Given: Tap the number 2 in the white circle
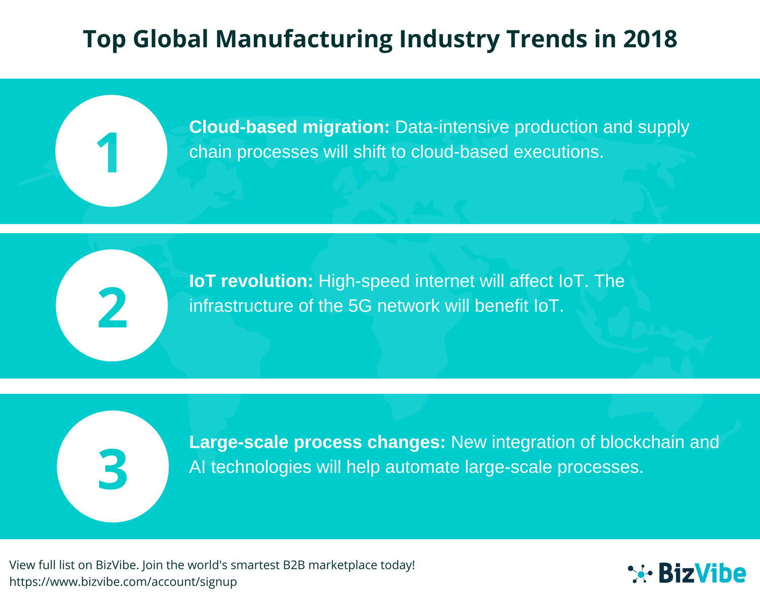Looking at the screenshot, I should click(x=112, y=308).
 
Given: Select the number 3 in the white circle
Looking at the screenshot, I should click(x=112, y=469).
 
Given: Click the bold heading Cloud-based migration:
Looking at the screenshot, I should click(x=289, y=127).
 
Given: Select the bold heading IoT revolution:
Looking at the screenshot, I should click(x=251, y=281).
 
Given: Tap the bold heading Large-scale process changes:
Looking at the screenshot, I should click(x=317, y=442).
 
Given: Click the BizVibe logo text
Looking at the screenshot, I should click(x=702, y=574).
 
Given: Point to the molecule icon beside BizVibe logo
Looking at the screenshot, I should click(x=640, y=574).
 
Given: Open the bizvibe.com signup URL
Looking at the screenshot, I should click(x=123, y=582).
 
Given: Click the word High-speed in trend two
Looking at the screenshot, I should click(x=364, y=281).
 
